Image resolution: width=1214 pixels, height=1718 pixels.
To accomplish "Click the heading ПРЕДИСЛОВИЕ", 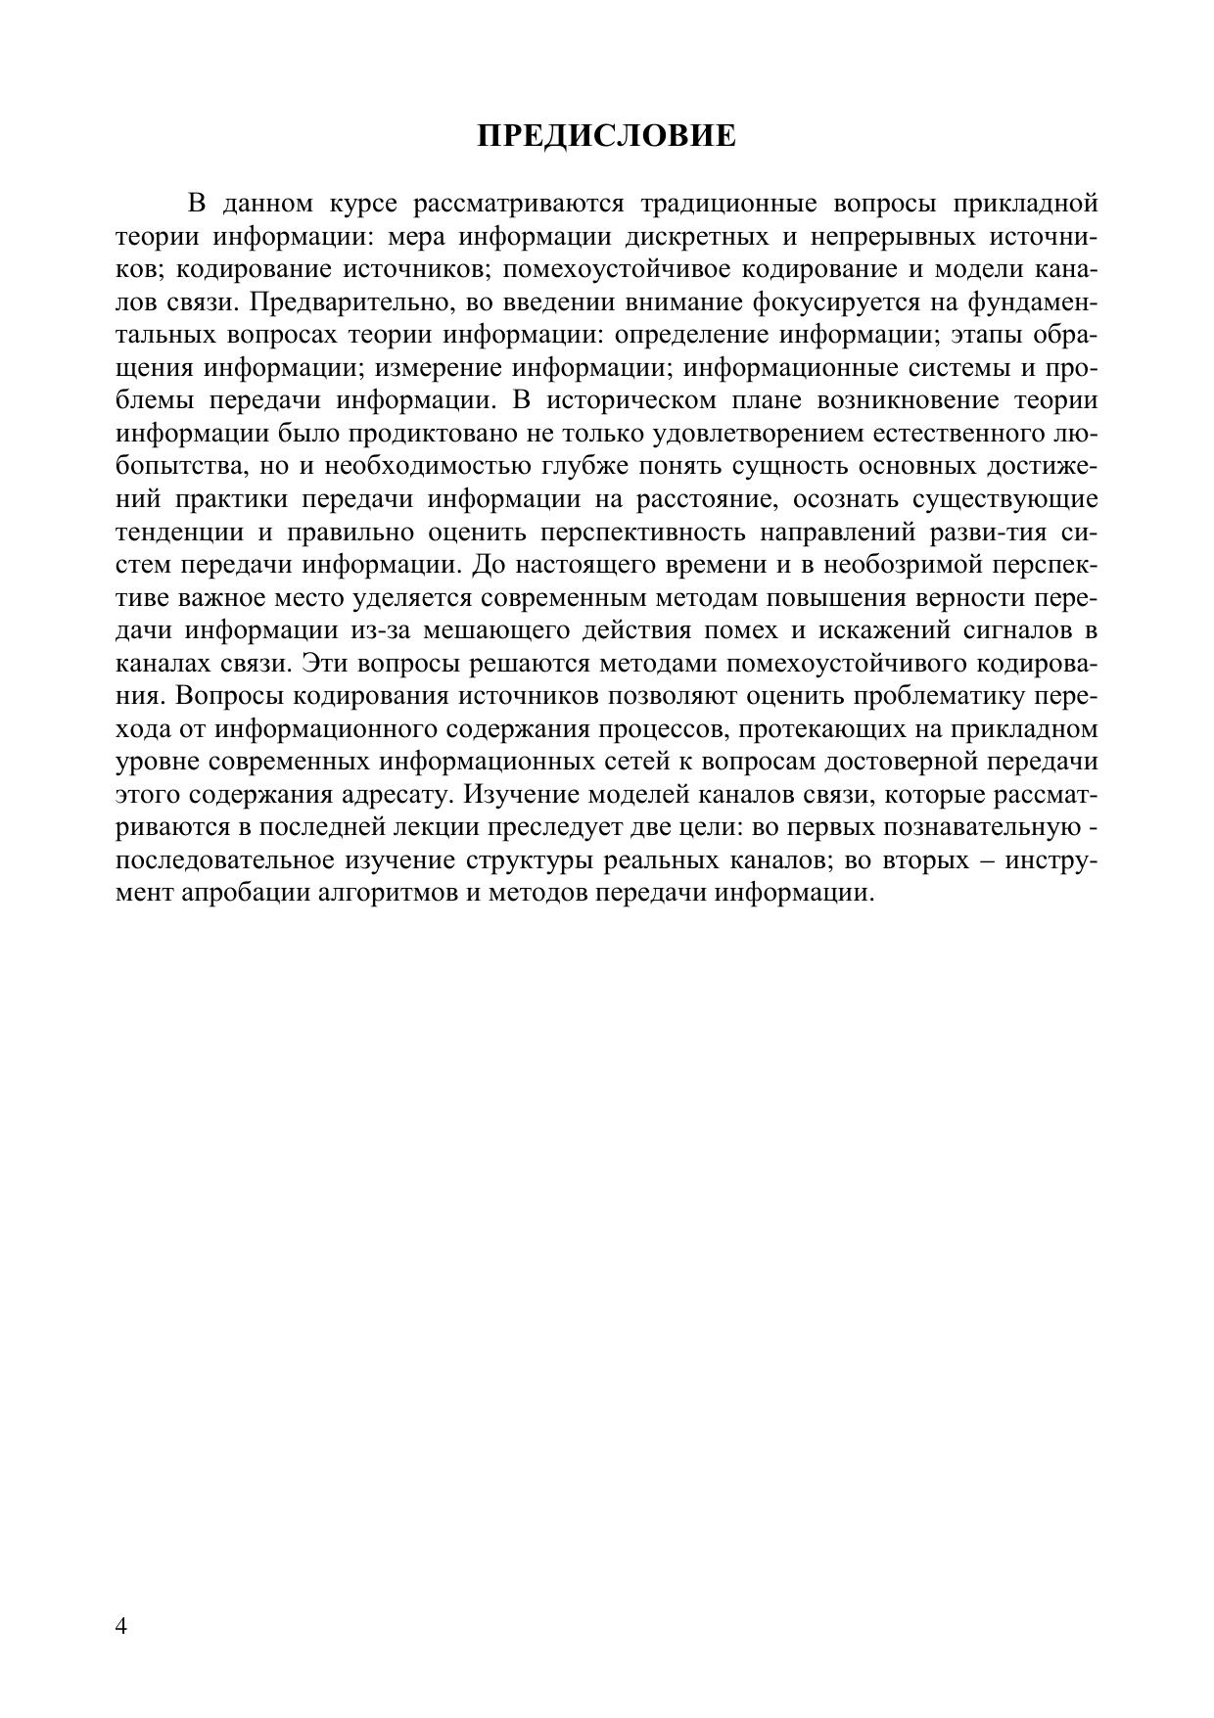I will click(x=606, y=135).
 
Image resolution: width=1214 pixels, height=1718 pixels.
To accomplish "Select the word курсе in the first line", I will click(x=363, y=204).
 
